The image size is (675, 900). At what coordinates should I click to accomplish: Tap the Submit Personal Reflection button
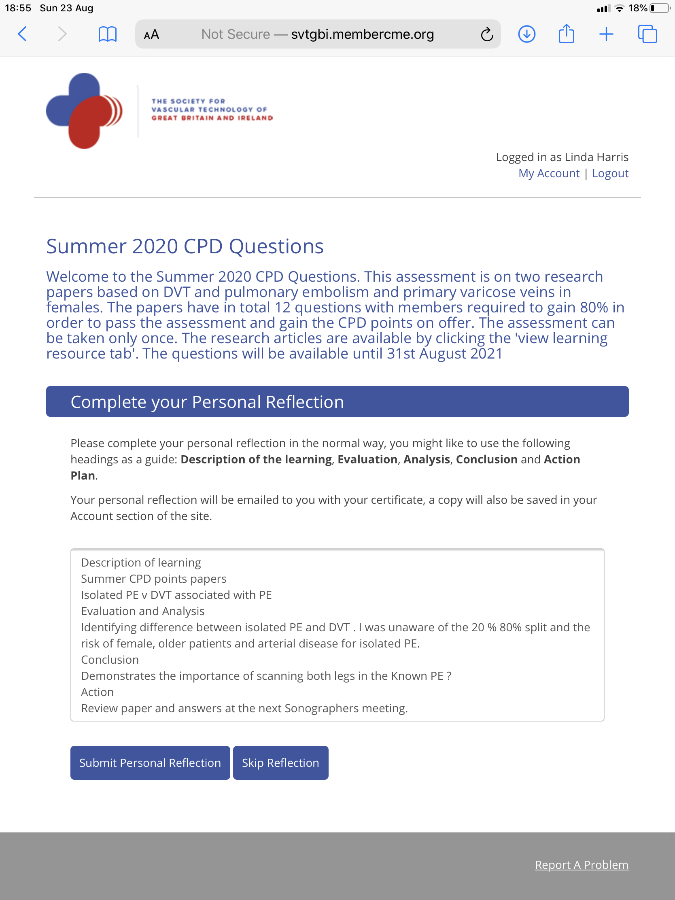point(150,762)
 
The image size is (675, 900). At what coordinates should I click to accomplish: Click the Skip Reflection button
point(280,762)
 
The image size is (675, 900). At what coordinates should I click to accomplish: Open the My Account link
point(548,173)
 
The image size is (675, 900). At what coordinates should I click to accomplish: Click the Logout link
point(610,173)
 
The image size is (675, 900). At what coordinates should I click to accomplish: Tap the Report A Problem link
point(582,865)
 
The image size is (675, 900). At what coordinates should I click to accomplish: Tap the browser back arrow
point(23,34)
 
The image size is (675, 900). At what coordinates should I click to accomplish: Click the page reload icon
point(486,34)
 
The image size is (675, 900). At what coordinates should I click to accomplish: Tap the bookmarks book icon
point(107,34)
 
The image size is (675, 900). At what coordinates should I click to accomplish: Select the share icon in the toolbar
point(566,34)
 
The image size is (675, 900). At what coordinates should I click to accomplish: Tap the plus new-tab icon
point(606,34)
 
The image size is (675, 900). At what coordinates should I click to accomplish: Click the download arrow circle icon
point(526,34)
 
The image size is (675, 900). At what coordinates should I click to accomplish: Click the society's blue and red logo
point(84,110)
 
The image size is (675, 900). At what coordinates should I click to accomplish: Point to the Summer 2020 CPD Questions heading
point(185,246)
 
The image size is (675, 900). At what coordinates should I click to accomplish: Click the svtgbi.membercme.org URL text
point(363,34)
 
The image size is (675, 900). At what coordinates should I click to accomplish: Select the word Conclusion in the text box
point(110,660)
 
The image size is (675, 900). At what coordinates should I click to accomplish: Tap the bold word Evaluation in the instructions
point(367,459)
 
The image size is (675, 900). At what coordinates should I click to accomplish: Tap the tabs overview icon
point(647,34)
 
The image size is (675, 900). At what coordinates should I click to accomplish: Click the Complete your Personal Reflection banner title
point(207,402)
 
